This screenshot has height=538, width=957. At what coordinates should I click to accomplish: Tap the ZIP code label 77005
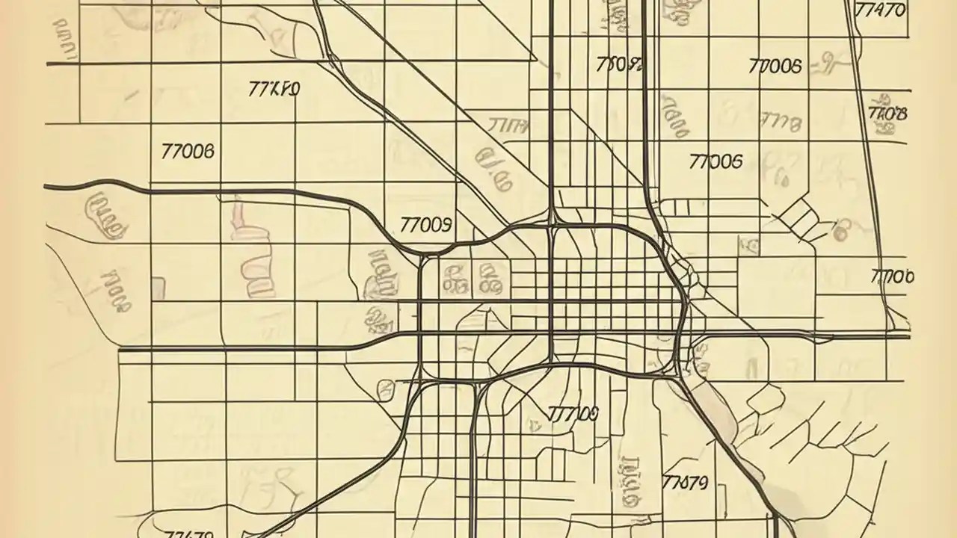pos(716,161)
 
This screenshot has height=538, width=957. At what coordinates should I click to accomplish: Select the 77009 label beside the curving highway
pos(426,223)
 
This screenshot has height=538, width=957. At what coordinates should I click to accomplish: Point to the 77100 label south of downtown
pos(573,413)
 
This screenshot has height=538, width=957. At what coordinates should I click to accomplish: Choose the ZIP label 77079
pos(685,482)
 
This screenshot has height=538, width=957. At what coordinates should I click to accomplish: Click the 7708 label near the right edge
pos(887,114)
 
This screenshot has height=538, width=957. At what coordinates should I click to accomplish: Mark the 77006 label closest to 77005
pos(774,67)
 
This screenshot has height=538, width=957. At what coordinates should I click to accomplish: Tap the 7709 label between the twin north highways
pos(620,64)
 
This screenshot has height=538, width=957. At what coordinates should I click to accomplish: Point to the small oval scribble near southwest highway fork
pos(386,389)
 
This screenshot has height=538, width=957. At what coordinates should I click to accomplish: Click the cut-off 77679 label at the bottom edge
pos(189,533)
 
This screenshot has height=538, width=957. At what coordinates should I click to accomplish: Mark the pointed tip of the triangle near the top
pos(535,59)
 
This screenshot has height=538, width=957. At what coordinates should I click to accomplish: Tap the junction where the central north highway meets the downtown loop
pos(552,223)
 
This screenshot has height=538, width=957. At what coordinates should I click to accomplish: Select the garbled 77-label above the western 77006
pos(274,90)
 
